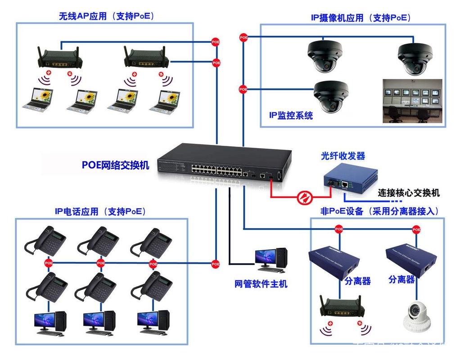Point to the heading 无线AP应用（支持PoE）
pos(106,16)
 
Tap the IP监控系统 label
pos(291,116)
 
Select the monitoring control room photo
pos(412,101)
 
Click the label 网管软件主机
pos(261,284)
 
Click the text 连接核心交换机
pos(409,193)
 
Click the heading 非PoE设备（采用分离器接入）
pos(379,211)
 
